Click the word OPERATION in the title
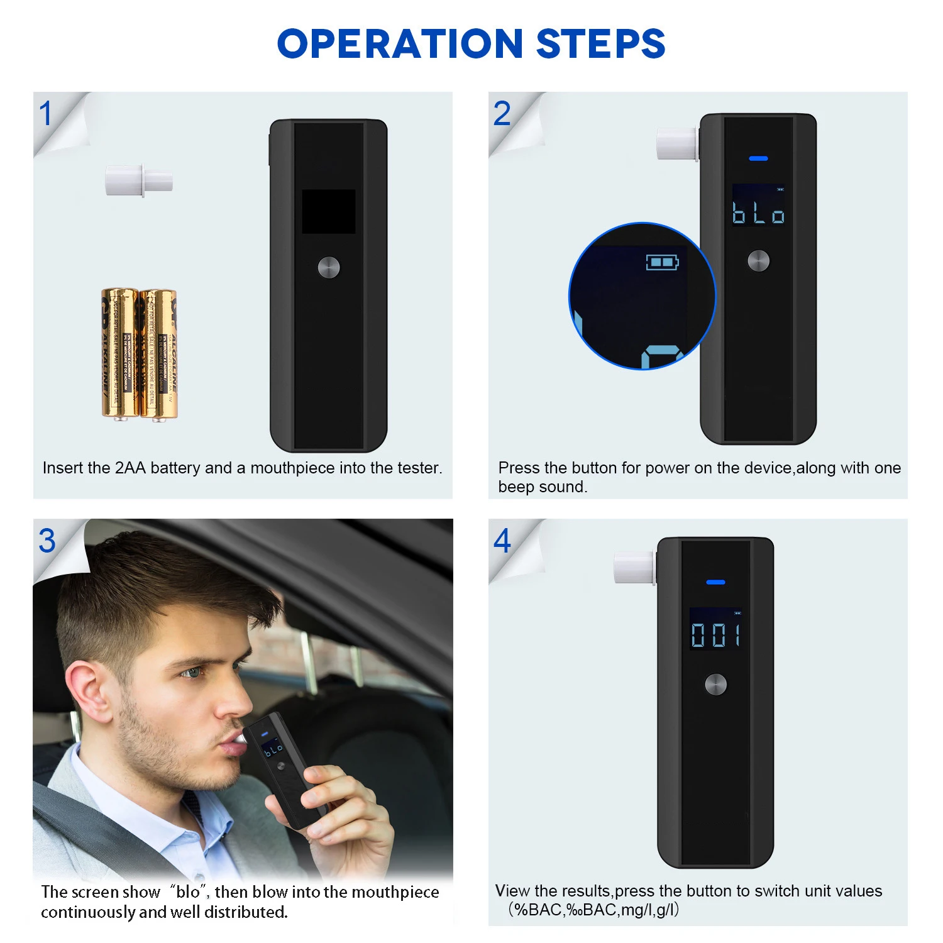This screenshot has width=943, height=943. coord(400,44)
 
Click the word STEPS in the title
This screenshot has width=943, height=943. coord(600,44)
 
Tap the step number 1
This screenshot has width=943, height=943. coord(45,114)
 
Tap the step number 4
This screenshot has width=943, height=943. coord(502,541)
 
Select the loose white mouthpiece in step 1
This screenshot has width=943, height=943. coord(138,180)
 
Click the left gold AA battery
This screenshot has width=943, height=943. coord(119,353)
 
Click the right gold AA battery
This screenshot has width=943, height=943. coord(158,354)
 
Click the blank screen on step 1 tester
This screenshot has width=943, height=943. coord(328,211)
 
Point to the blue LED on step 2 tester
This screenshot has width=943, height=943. coord(758,158)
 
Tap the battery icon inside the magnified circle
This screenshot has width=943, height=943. coord(662,262)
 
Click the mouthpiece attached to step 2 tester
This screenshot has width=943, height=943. coord(676,143)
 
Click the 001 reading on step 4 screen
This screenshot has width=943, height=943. coord(715,635)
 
